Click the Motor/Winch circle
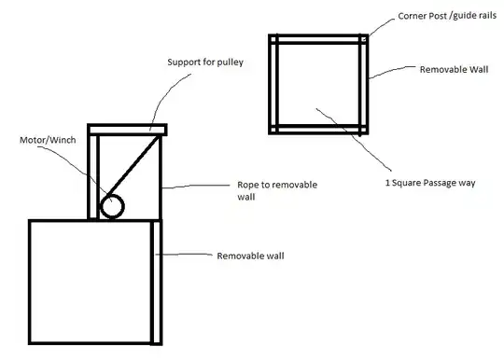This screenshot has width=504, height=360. click(112, 206)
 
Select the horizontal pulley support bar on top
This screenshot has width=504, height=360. click(127, 129)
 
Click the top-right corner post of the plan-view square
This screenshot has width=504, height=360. click(366, 39)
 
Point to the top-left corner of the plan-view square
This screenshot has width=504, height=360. click(273, 39)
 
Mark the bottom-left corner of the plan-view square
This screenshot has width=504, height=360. click(273, 129)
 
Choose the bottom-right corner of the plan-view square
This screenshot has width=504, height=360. click(366, 129)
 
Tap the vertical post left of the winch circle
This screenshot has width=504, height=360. click(92, 177)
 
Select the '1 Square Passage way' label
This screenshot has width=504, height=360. click(430, 182)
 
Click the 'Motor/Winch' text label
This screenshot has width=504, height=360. click(47, 140)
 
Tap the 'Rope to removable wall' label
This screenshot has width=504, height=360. click(277, 191)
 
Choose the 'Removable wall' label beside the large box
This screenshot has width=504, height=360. click(250, 256)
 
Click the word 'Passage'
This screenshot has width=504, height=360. click(436, 182)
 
